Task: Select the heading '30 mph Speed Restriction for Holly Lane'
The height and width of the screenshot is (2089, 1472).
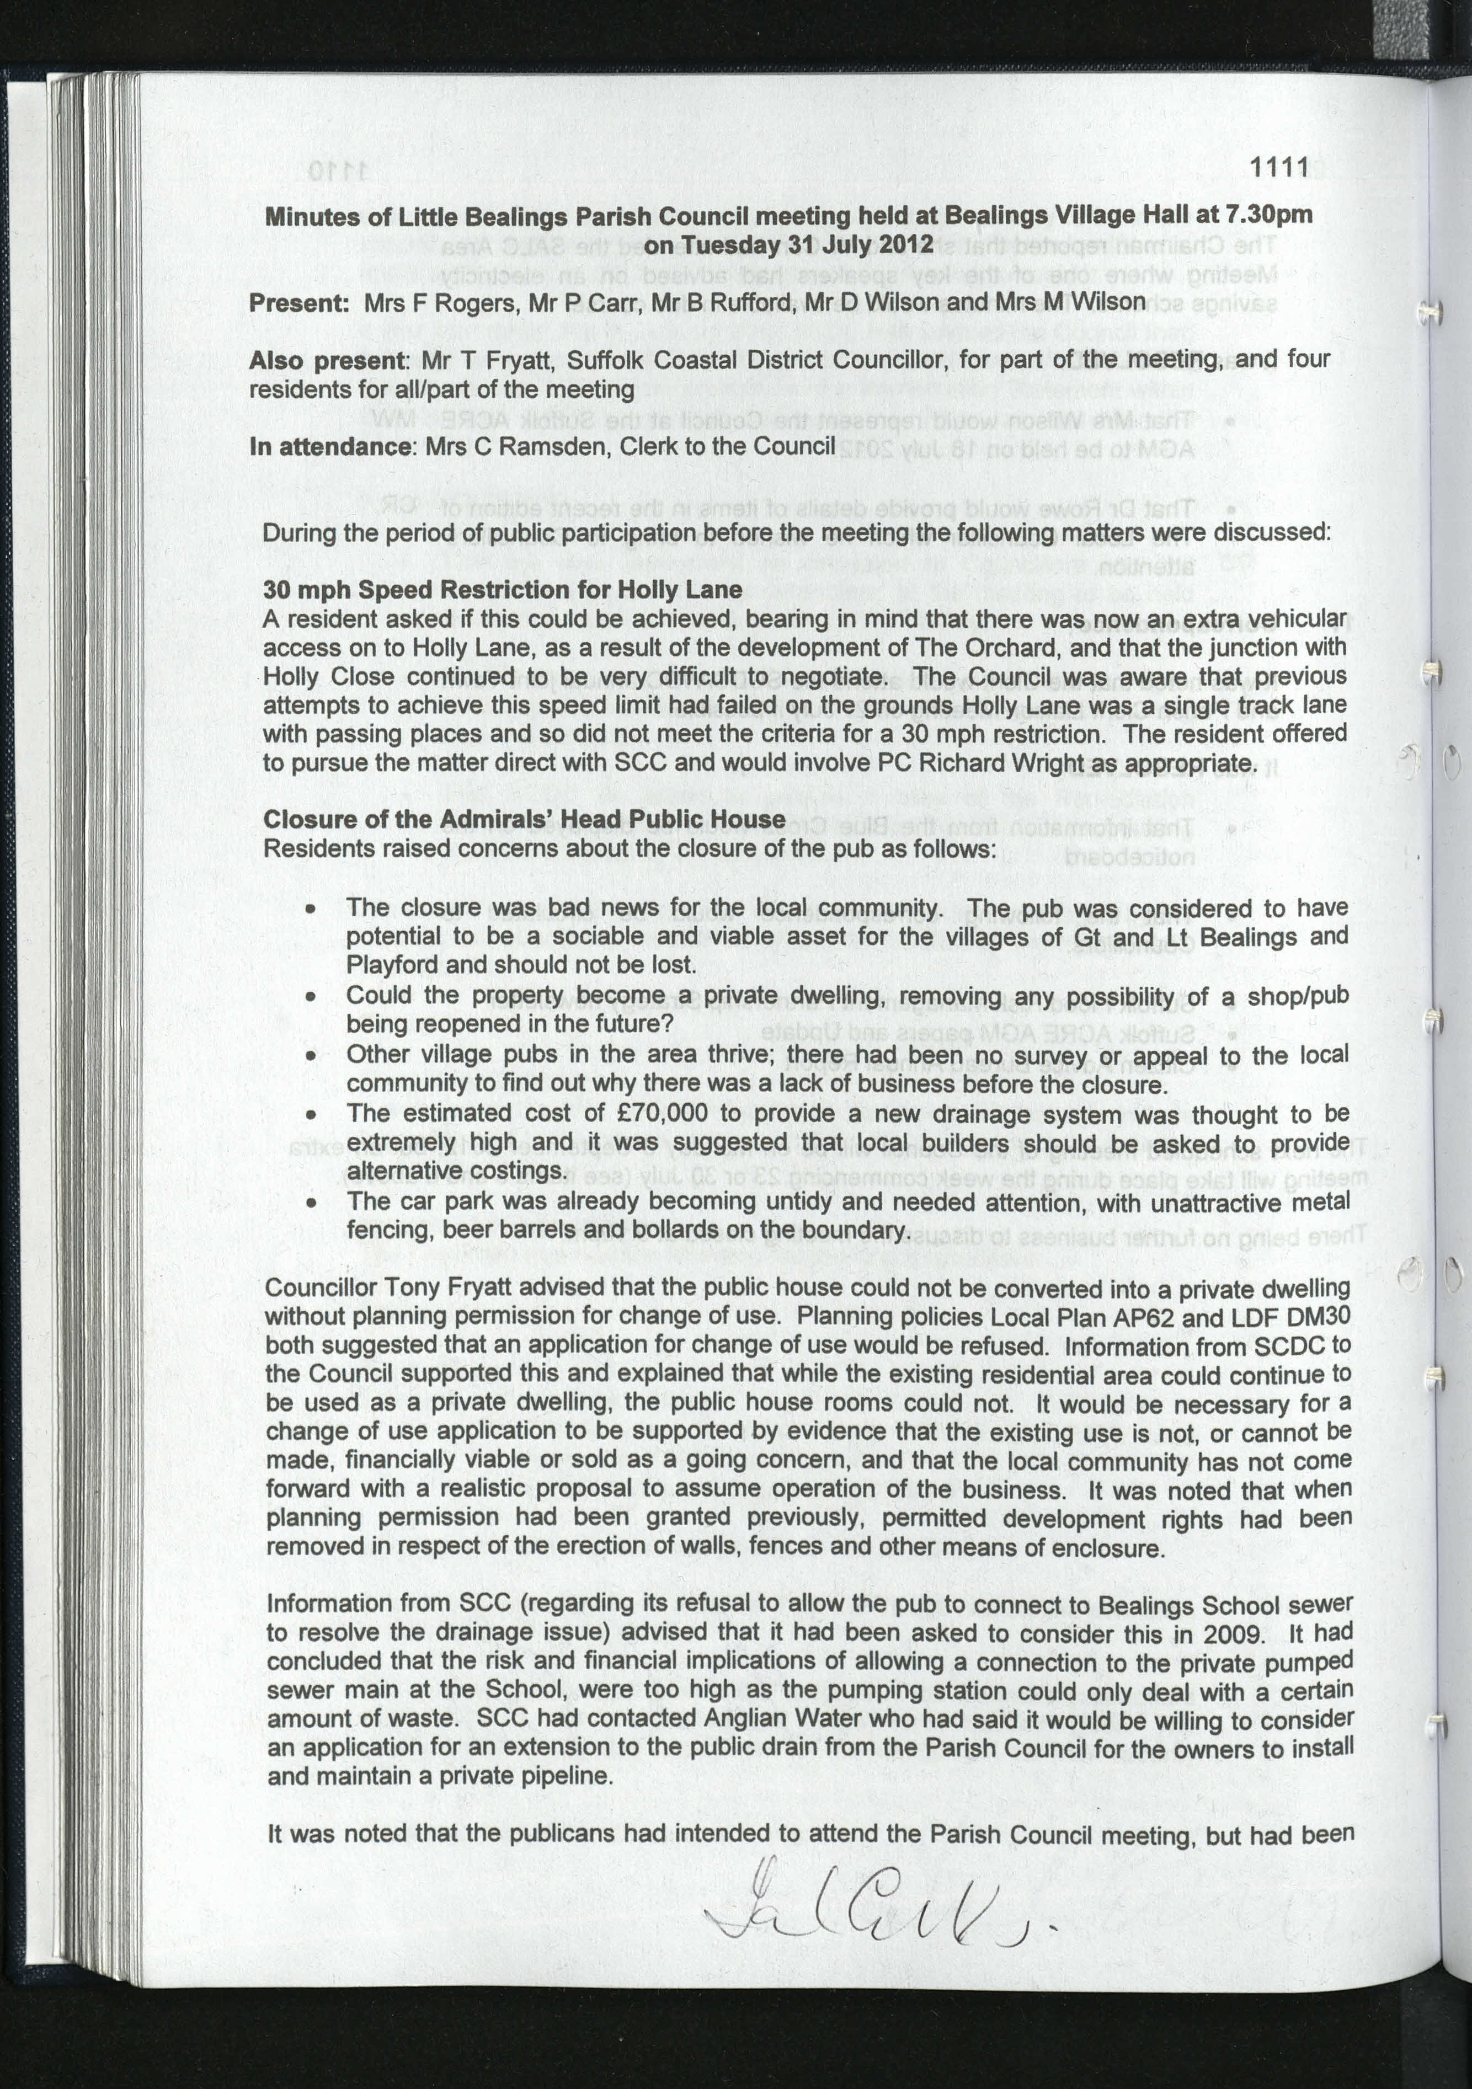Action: coord(502,590)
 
